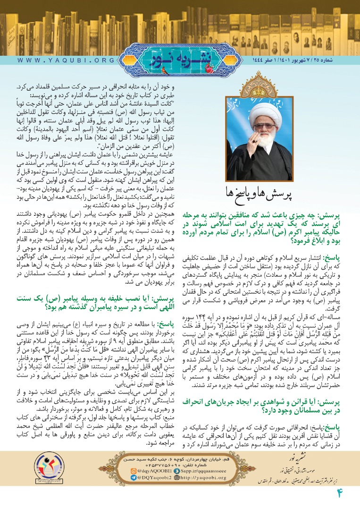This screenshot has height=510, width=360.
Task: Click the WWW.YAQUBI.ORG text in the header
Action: click(x=66, y=61)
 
